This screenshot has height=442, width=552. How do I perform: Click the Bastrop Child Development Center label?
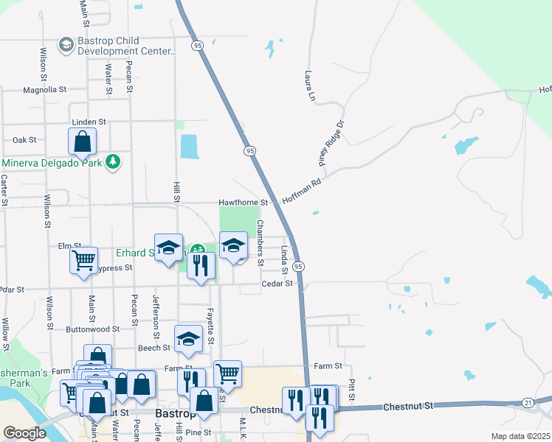coord(127,46)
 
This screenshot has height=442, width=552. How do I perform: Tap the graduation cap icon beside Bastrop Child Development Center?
coord(66,46)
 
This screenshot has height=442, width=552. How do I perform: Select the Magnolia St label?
coord(45,89)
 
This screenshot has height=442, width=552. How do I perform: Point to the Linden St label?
coord(89,122)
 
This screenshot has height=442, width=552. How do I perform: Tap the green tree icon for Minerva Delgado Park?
coord(112,161)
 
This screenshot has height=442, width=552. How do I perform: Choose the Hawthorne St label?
coord(243,203)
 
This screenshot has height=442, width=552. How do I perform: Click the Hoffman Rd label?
coord(304,189)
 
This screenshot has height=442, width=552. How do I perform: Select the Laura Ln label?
coord(311,86)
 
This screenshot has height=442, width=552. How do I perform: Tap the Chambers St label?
coord(259,242)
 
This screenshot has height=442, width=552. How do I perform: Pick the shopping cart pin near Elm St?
coord(83,259)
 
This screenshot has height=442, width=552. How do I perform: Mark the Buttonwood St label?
coord(92,329)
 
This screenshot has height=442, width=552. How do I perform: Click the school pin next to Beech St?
coord(188,338)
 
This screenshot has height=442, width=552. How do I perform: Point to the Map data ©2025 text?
coord(520,436)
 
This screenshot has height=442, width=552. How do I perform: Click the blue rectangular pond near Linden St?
coord(190,146)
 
